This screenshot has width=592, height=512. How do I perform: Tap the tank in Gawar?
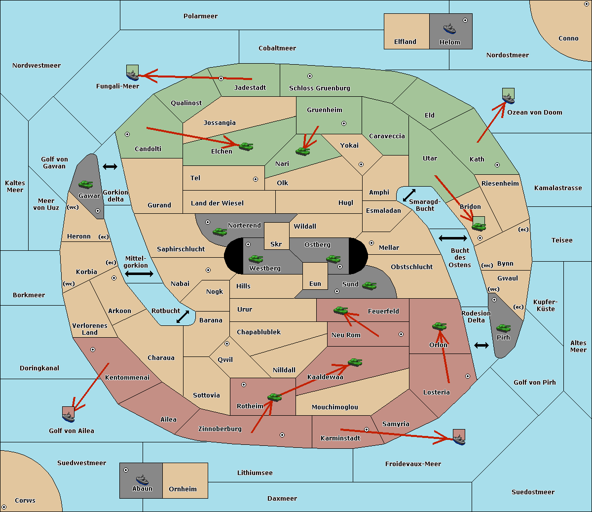(x=86, y=184)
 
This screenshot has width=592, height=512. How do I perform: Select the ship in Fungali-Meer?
(x=132, y=76)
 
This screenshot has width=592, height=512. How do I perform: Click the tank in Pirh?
(x=503, y=328)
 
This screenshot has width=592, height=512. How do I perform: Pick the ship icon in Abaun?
(x=142, y=479)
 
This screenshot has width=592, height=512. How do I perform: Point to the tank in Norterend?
(x=220, y=232)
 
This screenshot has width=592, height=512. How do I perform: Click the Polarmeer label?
(x=200, y=16)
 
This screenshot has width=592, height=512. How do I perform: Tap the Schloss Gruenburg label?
(x=319, y=88)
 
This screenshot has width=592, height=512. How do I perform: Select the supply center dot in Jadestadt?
(x=221, y=79)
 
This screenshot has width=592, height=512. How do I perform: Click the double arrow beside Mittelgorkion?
(x=139, y=274)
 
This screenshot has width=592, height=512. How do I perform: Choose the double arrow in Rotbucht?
(x=183, y=316)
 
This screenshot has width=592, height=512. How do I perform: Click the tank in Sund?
(x=369, y=285)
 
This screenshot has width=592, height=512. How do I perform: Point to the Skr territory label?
(x=276, y=244)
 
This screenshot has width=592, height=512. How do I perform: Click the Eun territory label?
(x=315, y=283)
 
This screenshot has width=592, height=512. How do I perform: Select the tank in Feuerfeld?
(x=340, y=310)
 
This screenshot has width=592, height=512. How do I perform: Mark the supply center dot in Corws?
(x=4, y=507)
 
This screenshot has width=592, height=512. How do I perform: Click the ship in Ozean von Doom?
(x=508, y=99)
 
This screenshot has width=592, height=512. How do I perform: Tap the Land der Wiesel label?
(x=217, y=203)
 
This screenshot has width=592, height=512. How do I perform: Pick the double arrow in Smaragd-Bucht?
(x=409, y=195)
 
